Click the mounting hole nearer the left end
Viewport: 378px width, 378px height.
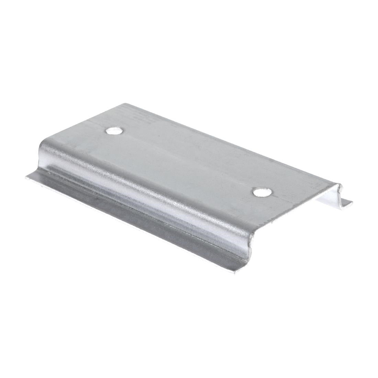pos(115,130)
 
